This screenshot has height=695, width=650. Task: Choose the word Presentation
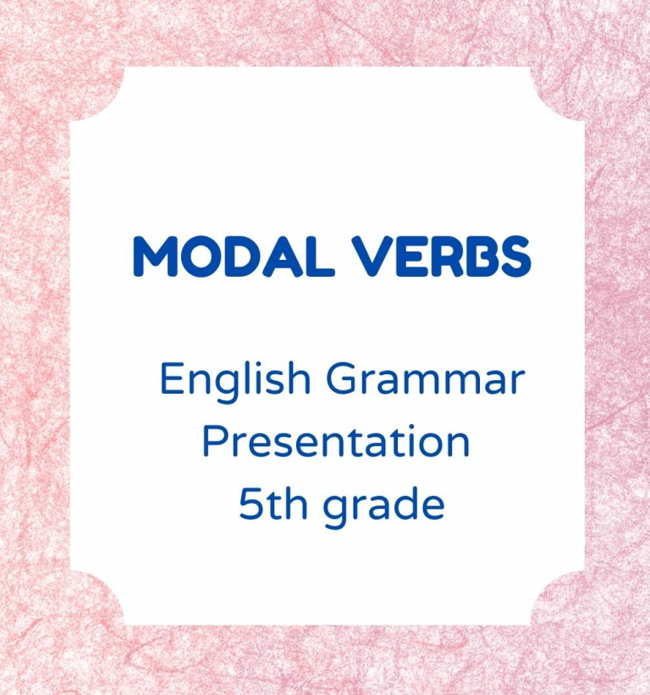coord(335,443)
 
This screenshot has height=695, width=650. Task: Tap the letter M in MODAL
coord(156,256)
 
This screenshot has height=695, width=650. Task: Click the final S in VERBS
coord(512,256)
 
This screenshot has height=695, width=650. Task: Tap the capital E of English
coord(171,379)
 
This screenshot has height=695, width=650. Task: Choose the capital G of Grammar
coord(345,379)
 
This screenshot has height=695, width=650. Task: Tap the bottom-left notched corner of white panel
coord(97,598)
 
